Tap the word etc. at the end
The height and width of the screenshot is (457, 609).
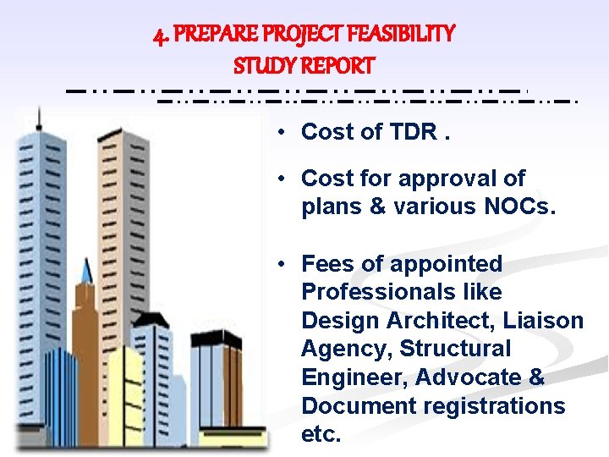pos(321,435)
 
